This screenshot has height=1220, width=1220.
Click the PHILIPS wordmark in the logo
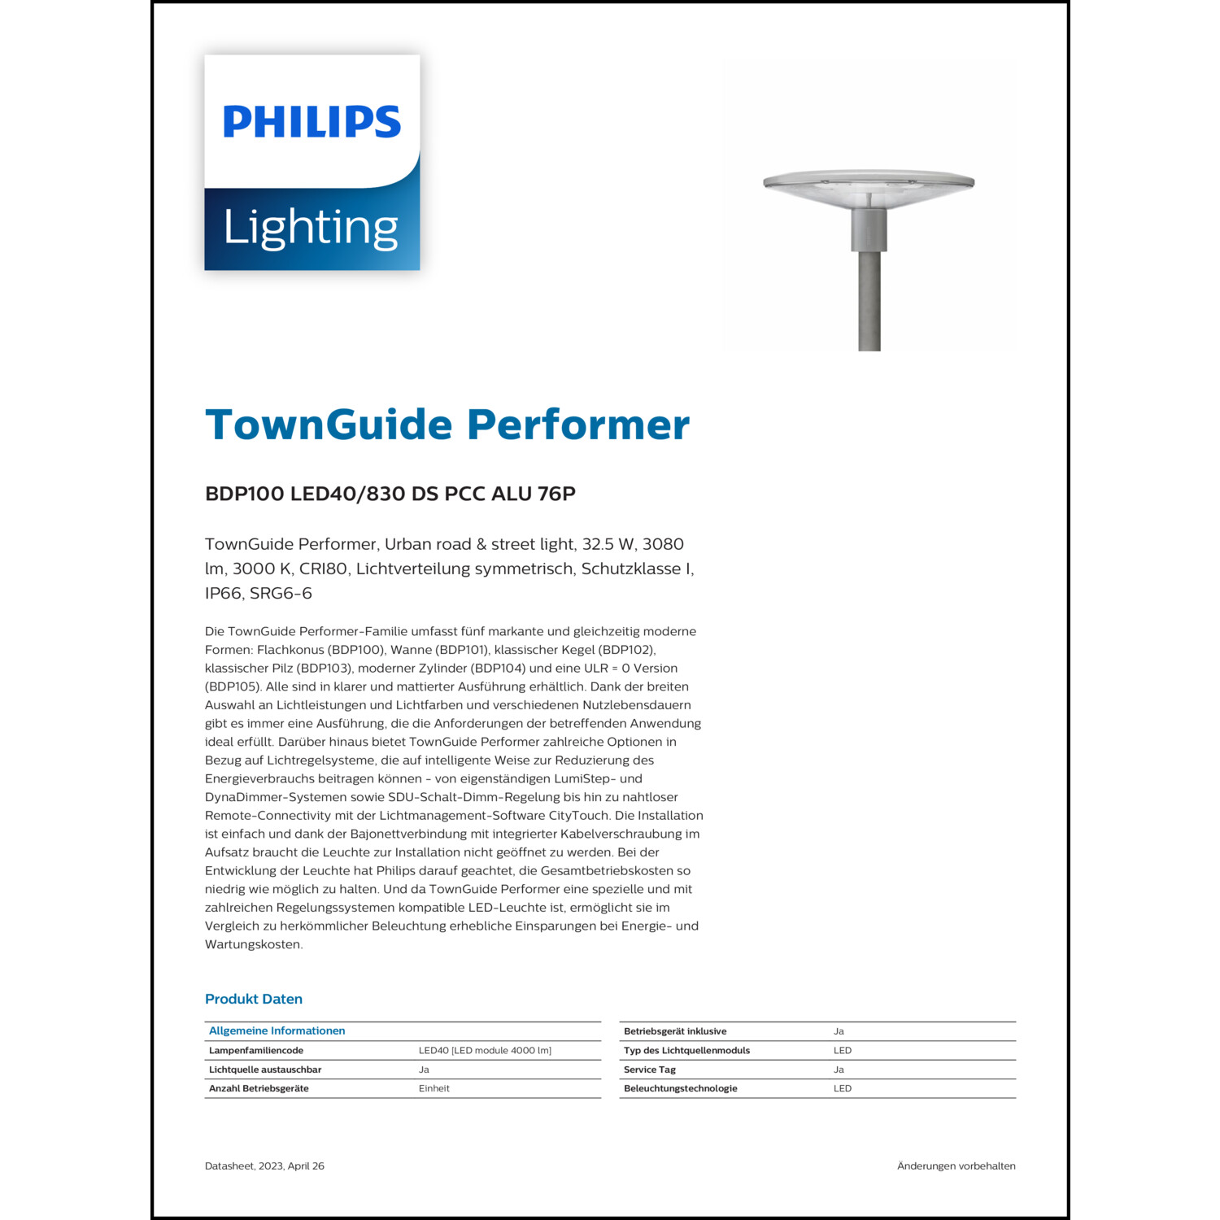(x=312, y=122)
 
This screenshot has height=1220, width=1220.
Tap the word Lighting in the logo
(x=311, y=228)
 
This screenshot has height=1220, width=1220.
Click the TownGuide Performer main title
(x=447, y=425)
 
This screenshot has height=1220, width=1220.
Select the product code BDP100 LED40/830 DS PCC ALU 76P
(x=390, y=494)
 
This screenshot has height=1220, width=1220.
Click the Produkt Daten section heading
(x=254, y=999)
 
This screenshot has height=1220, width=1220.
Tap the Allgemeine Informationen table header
(x=277, y=1030)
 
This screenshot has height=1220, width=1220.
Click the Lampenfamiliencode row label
(x=256, y=1050)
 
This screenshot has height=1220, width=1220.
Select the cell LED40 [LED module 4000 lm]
(x=485, y=1050)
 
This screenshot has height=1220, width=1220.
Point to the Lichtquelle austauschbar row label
(x=265, y=1070)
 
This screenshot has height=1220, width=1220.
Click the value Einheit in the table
(x=434, y=1088)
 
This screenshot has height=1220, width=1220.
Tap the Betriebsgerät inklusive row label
(x=675, y=1031)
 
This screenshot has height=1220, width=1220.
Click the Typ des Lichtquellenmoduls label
(x=686, y=1050)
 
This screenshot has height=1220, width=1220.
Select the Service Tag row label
(x=650, y=1070)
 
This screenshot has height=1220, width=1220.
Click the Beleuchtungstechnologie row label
(x=681, y=1088)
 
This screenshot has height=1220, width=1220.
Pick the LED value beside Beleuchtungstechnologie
(x=843, y=1088)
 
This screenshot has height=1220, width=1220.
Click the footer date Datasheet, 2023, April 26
(x=264, y=1166)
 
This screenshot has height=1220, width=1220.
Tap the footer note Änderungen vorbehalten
(x=956, y=1166)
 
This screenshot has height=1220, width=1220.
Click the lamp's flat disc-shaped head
(x=869, y=184)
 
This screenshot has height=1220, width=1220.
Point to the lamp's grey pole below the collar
(x=869, y=301)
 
